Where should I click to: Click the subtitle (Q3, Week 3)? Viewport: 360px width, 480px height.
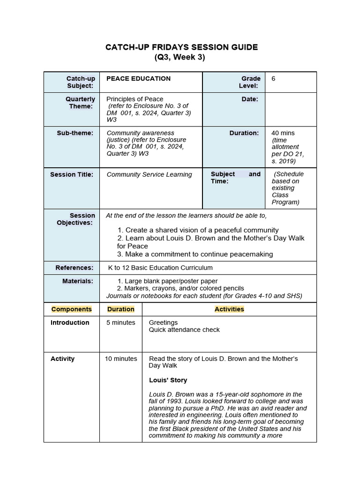coord(180,58)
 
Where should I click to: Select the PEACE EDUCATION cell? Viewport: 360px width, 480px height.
coord(138,79)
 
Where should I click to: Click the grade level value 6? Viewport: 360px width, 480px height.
coord(273,79)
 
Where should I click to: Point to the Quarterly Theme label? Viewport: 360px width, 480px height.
coord(80,103)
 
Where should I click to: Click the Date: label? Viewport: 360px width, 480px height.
coord(250,99)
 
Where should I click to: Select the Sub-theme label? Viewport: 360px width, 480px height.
coord(75,133)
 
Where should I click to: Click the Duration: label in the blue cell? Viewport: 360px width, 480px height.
coord(244,133)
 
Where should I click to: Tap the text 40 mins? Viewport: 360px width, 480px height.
coord(283,133)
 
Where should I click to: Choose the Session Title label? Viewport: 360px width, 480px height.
coord(72,175)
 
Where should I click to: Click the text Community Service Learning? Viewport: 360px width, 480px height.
coord(149,175)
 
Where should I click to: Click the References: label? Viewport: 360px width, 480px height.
coord(75,268)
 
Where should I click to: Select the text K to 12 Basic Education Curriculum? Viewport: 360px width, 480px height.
coord(160,268)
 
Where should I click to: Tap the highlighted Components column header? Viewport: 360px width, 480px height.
coord(72,309)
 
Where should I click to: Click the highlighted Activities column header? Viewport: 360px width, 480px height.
coord(229,309)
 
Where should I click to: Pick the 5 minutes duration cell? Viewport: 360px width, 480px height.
coord(120,323)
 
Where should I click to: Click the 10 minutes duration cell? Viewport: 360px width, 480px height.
coord(120,359)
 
